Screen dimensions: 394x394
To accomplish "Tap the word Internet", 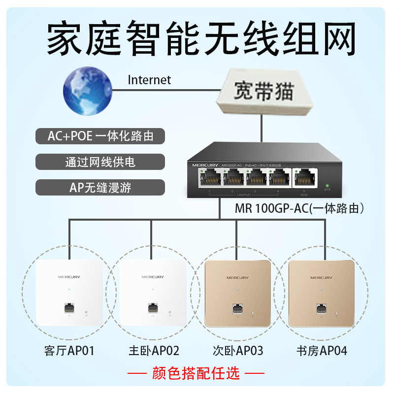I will coord(149,80).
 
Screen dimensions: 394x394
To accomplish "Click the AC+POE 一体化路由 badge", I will coord(100,136).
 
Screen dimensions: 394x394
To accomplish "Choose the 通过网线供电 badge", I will coord(100,162).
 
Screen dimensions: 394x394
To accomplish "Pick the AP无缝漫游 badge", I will coord(100,187).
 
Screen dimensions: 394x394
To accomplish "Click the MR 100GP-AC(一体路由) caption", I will coord(299,209).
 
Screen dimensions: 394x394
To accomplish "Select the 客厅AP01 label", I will coord(69,351).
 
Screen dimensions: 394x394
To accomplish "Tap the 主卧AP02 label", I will coord(154,351).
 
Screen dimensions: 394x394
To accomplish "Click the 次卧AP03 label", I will coord(238,351).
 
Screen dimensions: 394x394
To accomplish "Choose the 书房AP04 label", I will coord(322,351).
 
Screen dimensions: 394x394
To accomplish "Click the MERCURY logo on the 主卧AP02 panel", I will coord(153,277).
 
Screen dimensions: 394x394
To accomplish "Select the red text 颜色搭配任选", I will coord(196,373).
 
